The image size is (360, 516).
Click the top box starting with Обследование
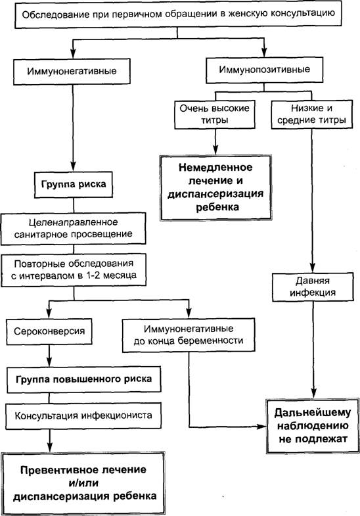coord(178,15)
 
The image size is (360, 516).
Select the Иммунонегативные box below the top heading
coord(72,72)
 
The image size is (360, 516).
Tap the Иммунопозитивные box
coord(264,70)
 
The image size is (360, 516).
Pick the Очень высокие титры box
coord(215,114)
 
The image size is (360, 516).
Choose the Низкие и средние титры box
coord(311,114)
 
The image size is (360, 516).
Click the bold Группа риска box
coord(74,184)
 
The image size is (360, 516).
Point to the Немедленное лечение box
coord(215,187)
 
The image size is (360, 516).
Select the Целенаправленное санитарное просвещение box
coord(74,228)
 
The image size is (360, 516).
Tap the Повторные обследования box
coord(74,270)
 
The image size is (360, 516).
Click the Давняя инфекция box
coord(313,287)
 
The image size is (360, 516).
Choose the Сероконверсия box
coord(49,331)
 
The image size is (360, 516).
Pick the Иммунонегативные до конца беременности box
coord(189,335)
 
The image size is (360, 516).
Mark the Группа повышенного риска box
coord(84,379)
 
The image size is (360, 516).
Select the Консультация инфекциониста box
coord(83,415)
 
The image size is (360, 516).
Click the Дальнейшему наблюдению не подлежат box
coord(312,426)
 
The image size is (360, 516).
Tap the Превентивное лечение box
coord(83,483)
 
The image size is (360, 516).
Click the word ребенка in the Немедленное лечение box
coord(217,207)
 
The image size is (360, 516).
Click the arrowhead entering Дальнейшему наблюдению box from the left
coord(262,427)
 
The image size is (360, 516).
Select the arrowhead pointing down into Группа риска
coord(73,166)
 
